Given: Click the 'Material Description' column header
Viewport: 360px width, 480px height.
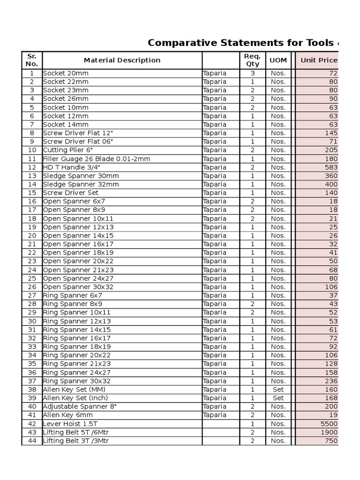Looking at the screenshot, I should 122,60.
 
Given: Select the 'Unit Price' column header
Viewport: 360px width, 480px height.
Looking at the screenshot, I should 319,60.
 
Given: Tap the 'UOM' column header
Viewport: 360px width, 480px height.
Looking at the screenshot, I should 278,60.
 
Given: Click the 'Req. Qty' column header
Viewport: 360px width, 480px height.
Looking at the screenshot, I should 252,60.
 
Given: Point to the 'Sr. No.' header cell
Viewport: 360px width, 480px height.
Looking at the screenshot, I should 32,60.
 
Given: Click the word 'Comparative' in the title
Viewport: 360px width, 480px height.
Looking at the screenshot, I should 180,43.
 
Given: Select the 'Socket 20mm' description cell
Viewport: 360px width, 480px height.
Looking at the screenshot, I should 66,73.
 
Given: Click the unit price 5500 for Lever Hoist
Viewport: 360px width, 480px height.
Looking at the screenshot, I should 329,424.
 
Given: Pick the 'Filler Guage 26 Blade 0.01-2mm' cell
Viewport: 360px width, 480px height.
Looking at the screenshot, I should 97,159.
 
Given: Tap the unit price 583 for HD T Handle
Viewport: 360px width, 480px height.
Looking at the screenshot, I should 331,167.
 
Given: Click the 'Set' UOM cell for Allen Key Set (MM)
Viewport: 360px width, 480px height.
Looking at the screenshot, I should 278,390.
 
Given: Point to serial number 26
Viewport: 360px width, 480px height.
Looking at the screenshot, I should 32,287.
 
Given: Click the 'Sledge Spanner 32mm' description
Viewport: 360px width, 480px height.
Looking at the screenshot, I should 81,184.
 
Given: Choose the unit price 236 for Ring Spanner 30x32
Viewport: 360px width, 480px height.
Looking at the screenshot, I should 331,381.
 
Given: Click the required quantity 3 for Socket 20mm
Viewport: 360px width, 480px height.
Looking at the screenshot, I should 252,73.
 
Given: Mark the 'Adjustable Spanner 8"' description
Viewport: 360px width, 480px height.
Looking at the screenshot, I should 80,406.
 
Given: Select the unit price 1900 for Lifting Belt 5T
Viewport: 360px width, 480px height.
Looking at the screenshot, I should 329,432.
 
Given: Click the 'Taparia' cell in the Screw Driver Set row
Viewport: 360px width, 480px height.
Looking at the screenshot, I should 215,193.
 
